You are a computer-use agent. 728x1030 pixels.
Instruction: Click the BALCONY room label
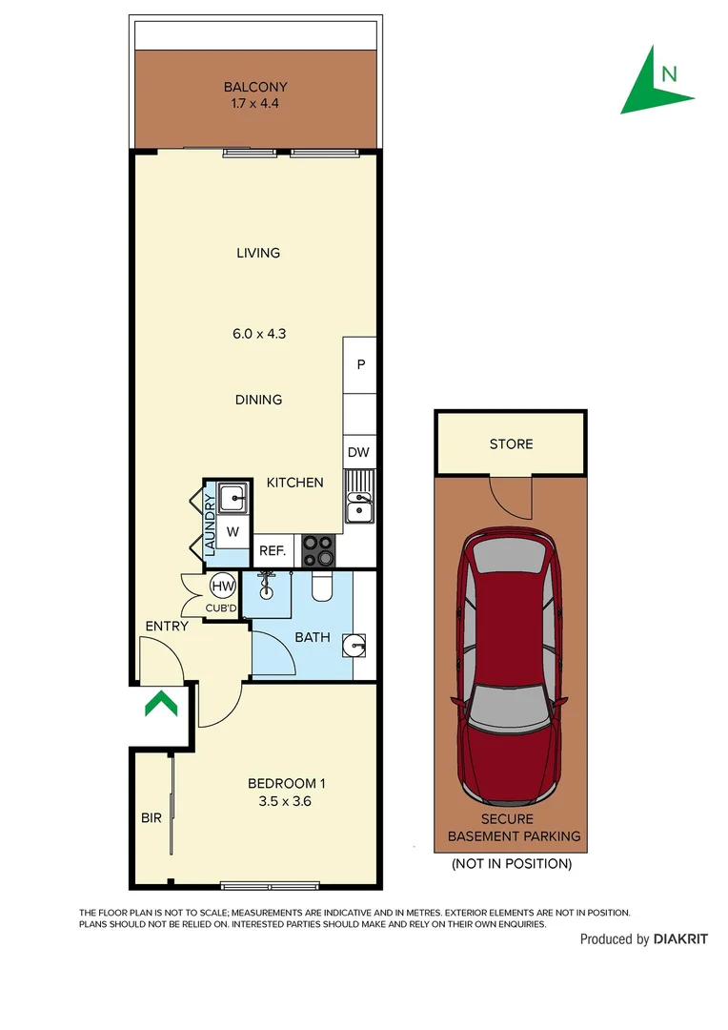pyautogui.click(x=255, y=87)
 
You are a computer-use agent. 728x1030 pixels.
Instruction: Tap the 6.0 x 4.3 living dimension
pyautogui.click(x=258, y=334)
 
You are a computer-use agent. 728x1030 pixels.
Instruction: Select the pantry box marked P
pyautogui.click(x=360, y=364)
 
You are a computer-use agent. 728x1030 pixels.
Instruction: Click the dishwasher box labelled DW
pyautogui.click(x=358, y=453)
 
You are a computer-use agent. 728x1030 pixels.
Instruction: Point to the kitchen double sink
pyautogui.click(x=359, y=498)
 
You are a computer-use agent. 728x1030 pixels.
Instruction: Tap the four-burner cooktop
pyautogui.click(x=318, y=550)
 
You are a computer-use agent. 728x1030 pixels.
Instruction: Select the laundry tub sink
pyautogui.click(x=232, y=497)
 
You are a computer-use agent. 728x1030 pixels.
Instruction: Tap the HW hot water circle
pyautogui.click(x=222, y=587)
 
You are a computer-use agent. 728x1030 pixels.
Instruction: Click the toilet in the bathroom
pyautogui.click(x=321, y=589)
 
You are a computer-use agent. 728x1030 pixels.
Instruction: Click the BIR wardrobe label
pyautogui.click(x=151, y=817)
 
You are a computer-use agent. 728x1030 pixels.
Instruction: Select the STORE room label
pyautogui.click(x=511, y=443)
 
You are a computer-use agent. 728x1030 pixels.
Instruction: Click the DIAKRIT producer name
pyautogui.click(x=680, y=939)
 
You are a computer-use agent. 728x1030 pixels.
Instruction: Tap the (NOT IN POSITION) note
pyautogui.click(x=511, y=864)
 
